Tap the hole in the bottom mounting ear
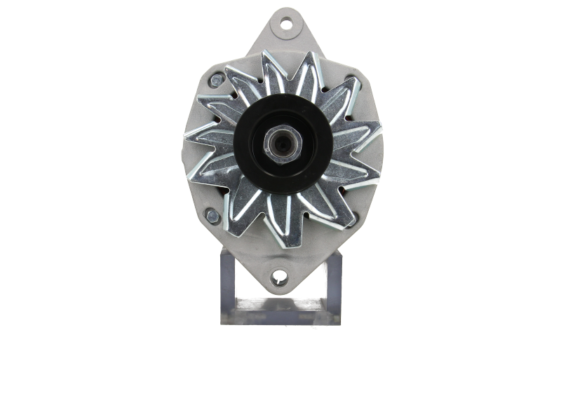280,275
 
